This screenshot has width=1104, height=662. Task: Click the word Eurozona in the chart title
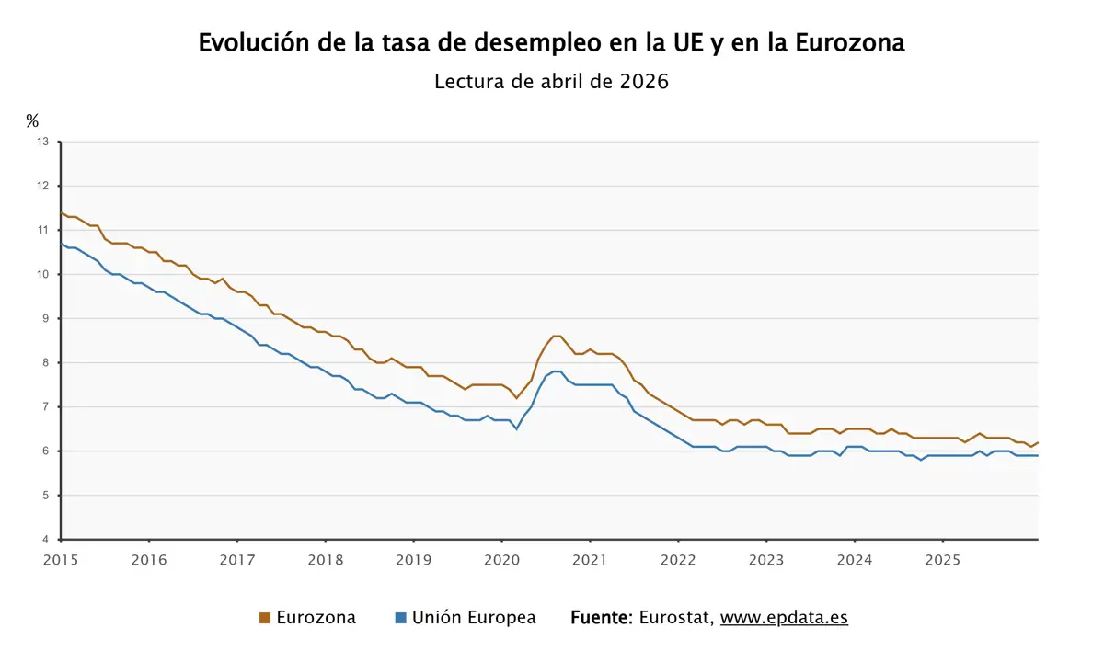(849, 43)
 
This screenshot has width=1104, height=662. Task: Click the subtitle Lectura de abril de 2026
(551, 81)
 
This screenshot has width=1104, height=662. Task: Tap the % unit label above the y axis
(32, 120)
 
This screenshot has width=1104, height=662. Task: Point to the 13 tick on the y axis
(42, 142)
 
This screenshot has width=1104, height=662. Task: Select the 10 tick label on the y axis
(42, 274)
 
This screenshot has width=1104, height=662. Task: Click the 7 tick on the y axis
(45, 406)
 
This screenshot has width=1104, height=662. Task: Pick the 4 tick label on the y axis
(45, 540)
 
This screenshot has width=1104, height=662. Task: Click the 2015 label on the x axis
(61, 559)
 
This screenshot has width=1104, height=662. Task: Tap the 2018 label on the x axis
(325, 559)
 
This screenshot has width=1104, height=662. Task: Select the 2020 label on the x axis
(501, 559)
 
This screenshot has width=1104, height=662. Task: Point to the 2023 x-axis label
(766, 559)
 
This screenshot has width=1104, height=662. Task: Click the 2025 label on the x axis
(943, 559)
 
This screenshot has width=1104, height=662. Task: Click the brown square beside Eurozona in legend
(265, 618)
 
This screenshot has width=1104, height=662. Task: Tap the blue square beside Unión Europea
(400, 618)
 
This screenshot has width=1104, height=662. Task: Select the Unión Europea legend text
(474, 618)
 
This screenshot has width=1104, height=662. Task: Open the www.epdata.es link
(784, 618)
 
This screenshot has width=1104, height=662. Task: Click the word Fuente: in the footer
(601, 618)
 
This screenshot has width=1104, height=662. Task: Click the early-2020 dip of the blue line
(516, 428)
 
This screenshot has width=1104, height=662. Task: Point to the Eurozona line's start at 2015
(62, 212)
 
